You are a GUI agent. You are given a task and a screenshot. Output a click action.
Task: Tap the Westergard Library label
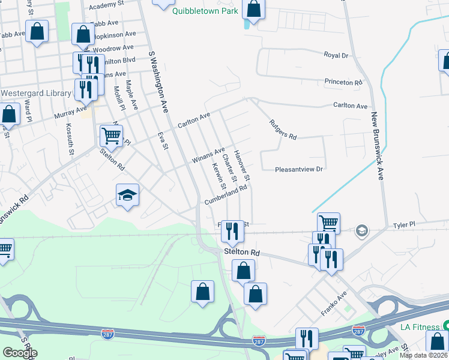click(x=36, y=94)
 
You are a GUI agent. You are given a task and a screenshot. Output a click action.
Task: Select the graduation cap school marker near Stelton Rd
click(x=127, y=195)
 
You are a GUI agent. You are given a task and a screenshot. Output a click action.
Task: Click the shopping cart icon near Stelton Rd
click(x=111, y=136)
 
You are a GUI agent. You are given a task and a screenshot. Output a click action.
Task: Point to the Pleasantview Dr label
click(x=299, y=169)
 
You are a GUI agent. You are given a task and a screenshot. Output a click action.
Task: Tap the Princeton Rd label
click(x=343, y=82)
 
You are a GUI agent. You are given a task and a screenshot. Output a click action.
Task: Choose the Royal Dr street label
click(x=336, y=55)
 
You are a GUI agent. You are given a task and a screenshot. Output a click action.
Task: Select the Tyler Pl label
click(x=404, y=225)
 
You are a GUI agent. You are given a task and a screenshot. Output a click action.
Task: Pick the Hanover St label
click(x=242, y=166)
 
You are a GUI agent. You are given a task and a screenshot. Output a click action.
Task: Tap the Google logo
click(x=20, y=352)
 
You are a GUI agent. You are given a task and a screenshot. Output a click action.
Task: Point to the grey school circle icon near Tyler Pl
click(x=362, y=231)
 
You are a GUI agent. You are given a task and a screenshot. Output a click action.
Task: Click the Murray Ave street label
click(x=70, y=111)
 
